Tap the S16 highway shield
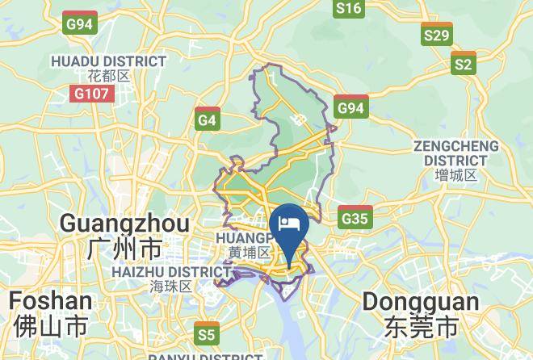click(x=348, y=8)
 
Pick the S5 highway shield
click(x=207, y=333)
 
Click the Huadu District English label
click(x=108, y=61)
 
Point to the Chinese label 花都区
click(x=109, y=77)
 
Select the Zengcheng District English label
click(x=456, y=153)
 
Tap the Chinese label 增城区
click(x=455, y=175)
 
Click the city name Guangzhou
click(x=125, y=224)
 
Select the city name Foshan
click(x=50, y=300)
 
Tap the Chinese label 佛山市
click(x=50, y=325)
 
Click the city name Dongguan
click(x=411, y=301)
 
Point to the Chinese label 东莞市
click(x=411, y=326)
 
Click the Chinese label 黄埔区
click(x=246, y=253)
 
